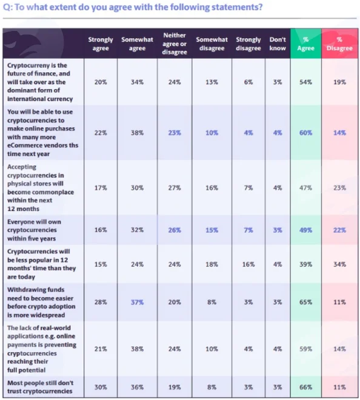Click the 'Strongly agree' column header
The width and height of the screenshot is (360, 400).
click(x=101, y=44)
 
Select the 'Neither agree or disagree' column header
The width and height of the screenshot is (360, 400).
click(x=175, y=44)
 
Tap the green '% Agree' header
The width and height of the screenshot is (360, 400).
click(x=305, y=44)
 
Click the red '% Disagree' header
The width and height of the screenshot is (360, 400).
click(x=339, y=44)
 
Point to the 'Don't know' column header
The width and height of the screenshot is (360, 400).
click(x=278, y=44)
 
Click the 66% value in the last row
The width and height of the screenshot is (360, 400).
click(x=305, y=387)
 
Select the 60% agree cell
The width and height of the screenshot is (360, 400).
click(x=305, y=133)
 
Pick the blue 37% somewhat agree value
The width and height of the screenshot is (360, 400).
click(x=137, y=302)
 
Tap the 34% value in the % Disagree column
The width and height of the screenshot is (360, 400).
click(x=339, y=264)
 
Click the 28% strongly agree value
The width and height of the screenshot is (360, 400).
click(x=101, y=302)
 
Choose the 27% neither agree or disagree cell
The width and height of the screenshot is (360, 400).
click(x=175, y=188)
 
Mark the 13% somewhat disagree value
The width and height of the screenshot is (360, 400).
click(x=212, y=82)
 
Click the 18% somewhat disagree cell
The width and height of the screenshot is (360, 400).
click(x=212, y=264)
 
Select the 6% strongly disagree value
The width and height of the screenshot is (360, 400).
click(x=248, y=82)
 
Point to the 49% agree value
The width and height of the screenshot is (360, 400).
click(x=305, y=230)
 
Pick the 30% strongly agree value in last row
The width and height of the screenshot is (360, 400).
click(x=101, y=387)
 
